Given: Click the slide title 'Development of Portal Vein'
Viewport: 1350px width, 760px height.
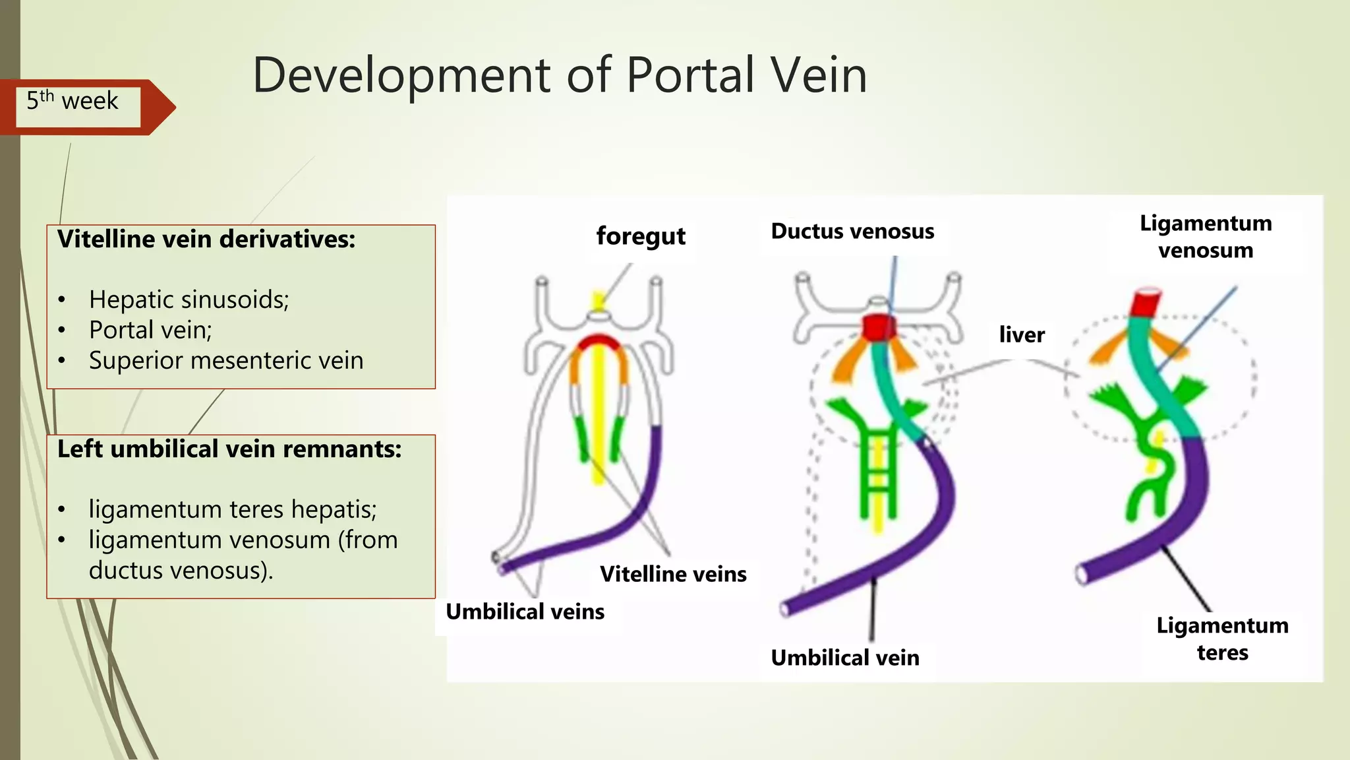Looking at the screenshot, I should (559, 75).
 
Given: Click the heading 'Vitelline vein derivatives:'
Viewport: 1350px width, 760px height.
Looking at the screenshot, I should (206, 239).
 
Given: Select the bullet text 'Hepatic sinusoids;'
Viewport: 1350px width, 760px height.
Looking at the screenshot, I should (189, 300).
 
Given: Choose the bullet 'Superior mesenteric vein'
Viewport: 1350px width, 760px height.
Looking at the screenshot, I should (226, 361).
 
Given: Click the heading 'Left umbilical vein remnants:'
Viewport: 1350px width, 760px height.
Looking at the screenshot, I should (229, 449).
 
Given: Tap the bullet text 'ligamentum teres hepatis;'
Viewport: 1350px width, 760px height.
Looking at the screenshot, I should (233, 510).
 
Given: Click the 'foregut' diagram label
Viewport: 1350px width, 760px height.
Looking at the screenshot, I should (641, 236).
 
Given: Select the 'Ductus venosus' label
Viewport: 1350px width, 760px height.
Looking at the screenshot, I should (852, 232).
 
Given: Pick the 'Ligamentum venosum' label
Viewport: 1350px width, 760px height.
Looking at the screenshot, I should (1206, 237).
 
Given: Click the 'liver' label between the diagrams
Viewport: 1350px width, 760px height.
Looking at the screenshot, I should (1022, 334).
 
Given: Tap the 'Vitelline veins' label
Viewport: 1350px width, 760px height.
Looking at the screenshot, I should (673, 574).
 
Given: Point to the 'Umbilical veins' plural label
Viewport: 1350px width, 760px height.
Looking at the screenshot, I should (525, 612).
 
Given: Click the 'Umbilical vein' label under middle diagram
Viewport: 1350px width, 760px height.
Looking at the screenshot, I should (845, 658).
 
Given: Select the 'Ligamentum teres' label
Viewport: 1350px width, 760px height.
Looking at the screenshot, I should (1222, 639).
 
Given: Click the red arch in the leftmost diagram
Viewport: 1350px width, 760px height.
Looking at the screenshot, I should (599, 342).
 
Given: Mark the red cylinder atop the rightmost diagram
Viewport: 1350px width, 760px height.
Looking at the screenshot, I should (1146, 303).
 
